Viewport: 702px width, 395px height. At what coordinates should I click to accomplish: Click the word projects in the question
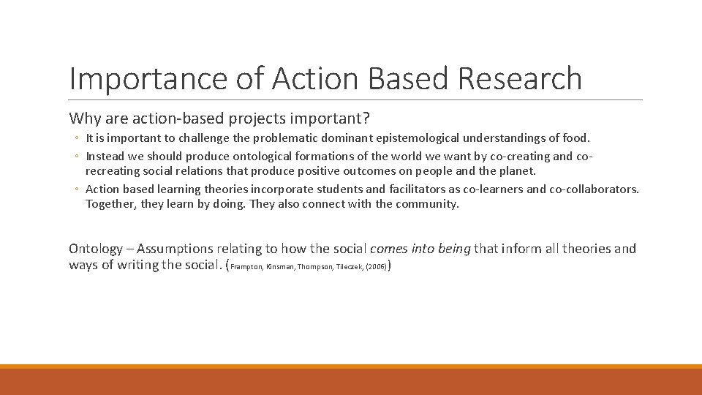[x=248, y=118]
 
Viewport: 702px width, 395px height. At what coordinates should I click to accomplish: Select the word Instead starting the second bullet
[x=107, y=156]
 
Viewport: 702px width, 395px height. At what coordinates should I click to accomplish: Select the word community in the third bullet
[x=427, y=204]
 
